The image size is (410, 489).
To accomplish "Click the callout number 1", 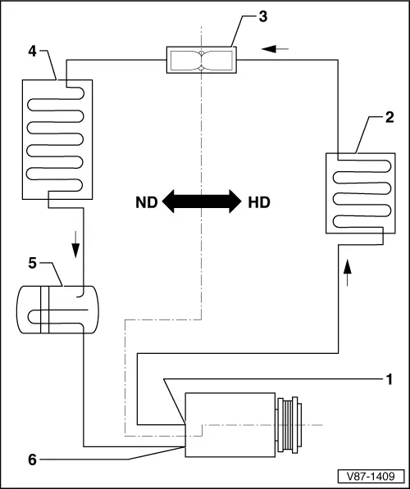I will (x=390, y=379).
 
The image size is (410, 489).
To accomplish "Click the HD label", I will (x=259, y=201).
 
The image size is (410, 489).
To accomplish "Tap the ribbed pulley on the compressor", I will (x=290, y=424).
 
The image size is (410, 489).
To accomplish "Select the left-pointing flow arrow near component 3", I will (x=278, y=49).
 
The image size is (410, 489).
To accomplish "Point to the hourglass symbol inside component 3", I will (x=201, y=59).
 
